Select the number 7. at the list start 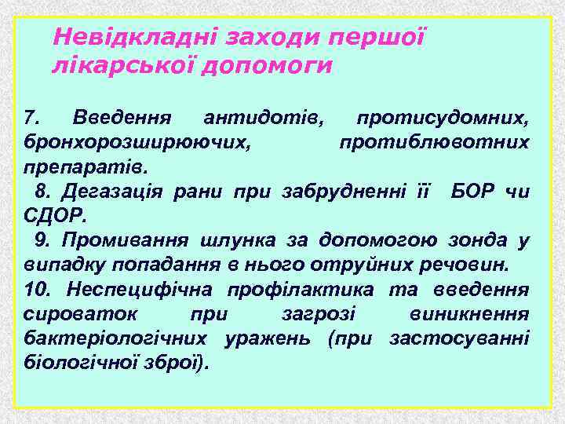pyautogui.click(x=32, y=119)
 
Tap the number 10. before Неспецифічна pyautogui.click(x=38, y=290)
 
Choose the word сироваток pyautogui.click(x=71, y=314)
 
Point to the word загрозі pyautogui.click(x=319, y=314)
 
